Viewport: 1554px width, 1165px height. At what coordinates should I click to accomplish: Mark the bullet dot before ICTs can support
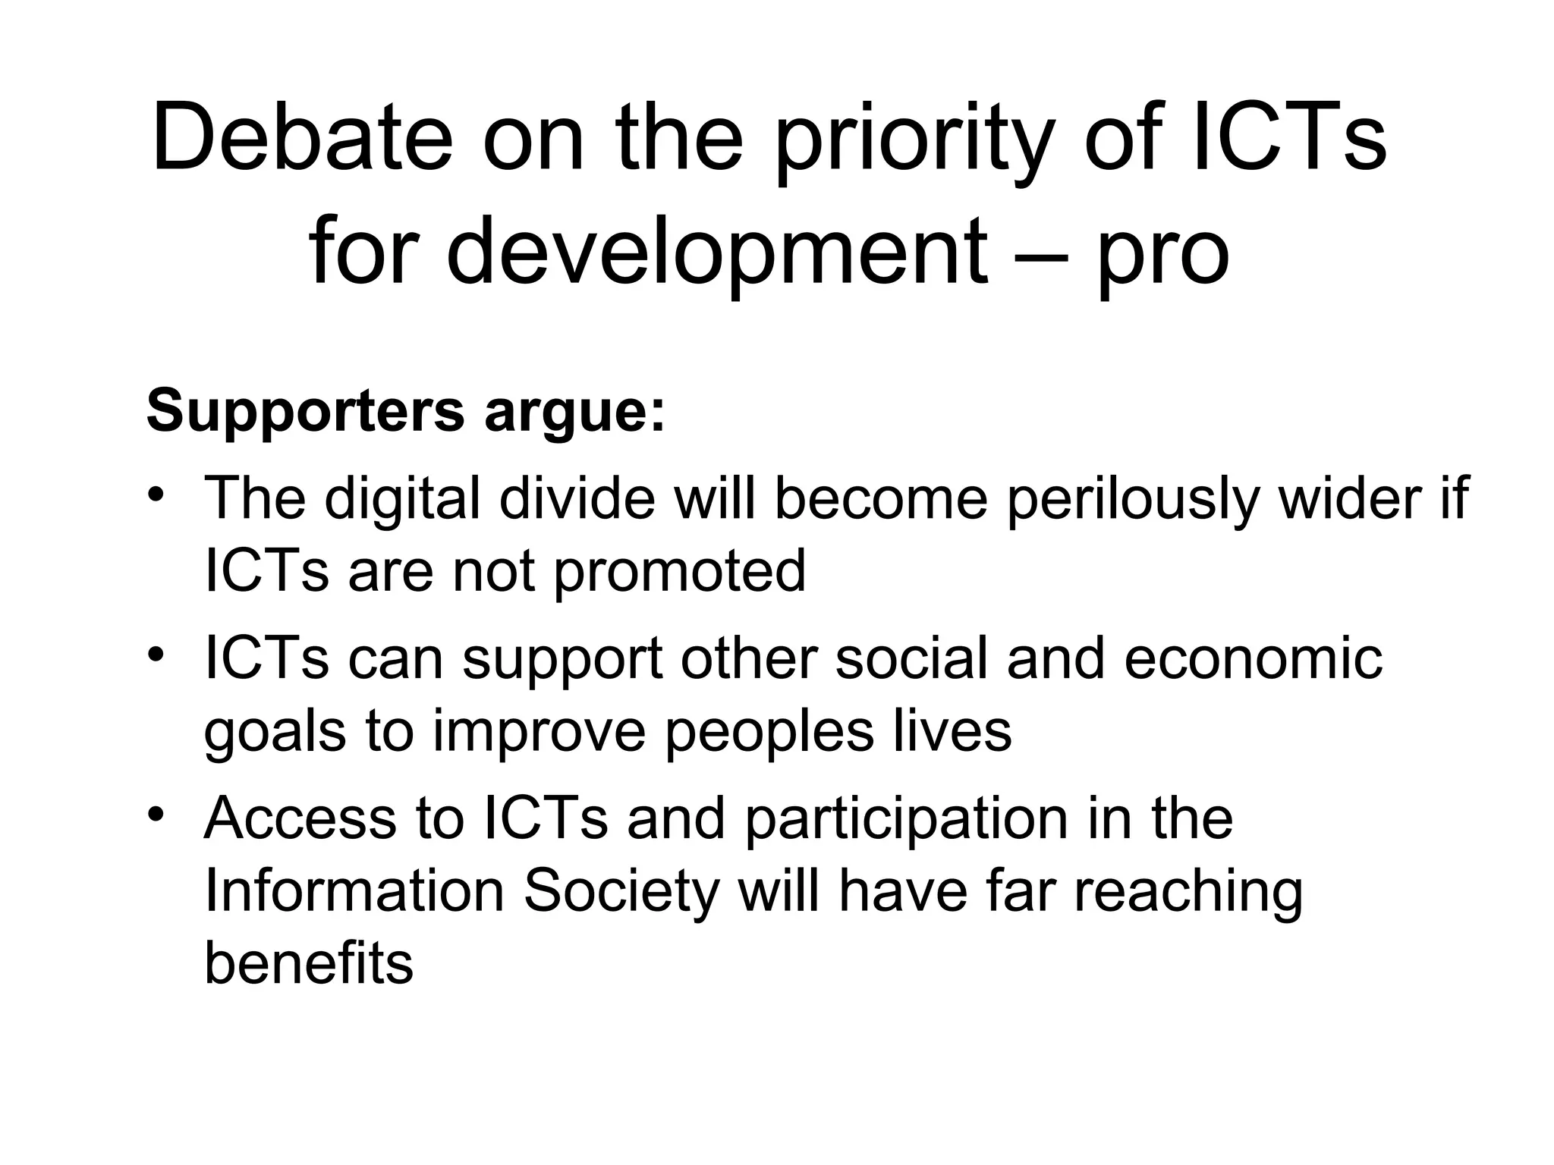point(156,655)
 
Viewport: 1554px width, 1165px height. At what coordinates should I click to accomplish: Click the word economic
point(1253,658)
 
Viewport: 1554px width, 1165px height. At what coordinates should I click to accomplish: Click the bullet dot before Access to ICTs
point(156,814)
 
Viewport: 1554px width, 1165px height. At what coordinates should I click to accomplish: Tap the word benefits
point(309,963)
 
